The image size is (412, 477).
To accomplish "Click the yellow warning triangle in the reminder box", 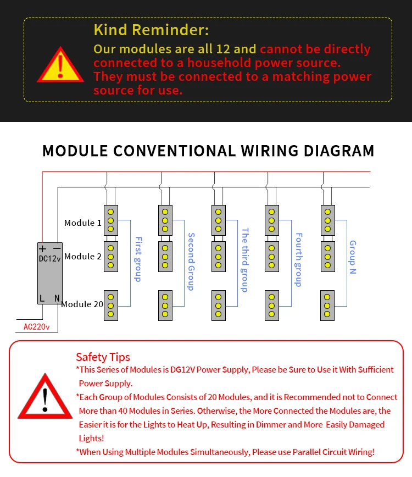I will [60, 64].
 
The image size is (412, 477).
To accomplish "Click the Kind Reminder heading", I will [151, 30].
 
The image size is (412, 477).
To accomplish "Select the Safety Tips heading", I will [103, 357].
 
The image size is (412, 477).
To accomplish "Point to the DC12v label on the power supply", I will [50, 258].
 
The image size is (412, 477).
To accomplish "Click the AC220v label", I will [36, 328].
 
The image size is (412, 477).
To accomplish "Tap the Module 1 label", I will [83, 223].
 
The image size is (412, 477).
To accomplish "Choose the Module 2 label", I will [83, 257].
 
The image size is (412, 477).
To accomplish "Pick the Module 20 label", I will [82, 304].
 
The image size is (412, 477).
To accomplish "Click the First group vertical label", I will [138, 259].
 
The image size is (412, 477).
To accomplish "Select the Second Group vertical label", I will [191, 262].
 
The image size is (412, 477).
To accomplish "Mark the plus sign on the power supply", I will [43, 248].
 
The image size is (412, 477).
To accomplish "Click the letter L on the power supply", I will [42, 299].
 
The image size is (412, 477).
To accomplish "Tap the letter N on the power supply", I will [57, 299].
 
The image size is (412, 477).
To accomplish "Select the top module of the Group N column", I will [328, 220].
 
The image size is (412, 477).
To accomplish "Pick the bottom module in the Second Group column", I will [165, 305].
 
